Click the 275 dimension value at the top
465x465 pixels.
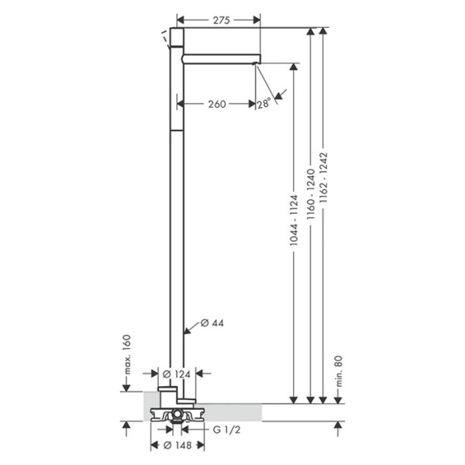pyautogui.click(x=221, y=21)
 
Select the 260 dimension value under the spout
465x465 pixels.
pyautogui.click(x=216, y=104)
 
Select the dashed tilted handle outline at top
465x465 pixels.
pyautogui.click(x=165, y=36)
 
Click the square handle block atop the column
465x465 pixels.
pyautogui.click(x=177, y=40)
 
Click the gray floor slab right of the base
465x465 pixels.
pyautogui.click(x=232, y=412)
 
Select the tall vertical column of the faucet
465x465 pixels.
pyautogui.click(x=177, y=232)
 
